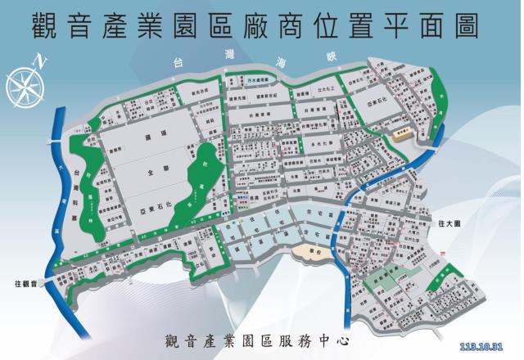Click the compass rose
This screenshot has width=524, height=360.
(x=24, y=82)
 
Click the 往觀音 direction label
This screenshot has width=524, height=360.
(x=27, y=282)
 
